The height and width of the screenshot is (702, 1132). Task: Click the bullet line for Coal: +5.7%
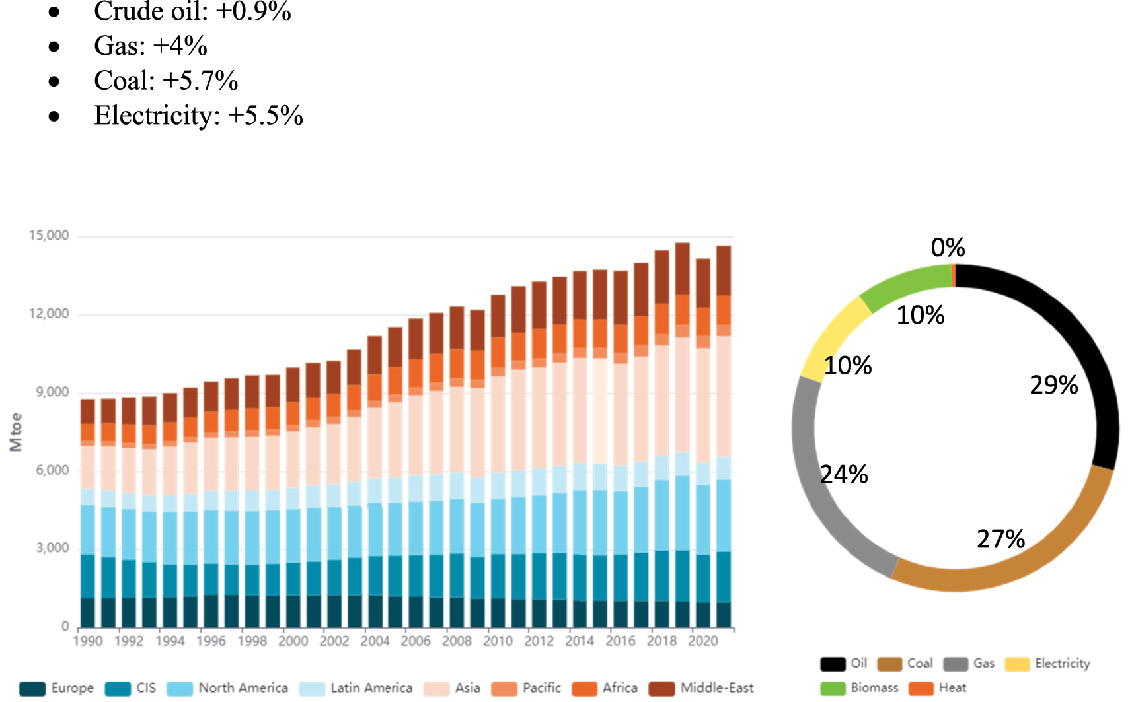pyautogui.click(x=165, y=81)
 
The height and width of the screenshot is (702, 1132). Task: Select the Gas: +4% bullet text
pyautogui.click(x=150, y=46)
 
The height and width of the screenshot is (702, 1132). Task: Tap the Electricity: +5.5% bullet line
pyautogui.click(x=198, y=116)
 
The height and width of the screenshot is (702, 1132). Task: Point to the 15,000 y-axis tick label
pyautogui.click(x=49, y=236)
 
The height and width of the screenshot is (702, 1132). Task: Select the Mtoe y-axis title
pyautogui.click(x=16, y=433)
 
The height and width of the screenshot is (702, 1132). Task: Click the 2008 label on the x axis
pyautogui.click(x=457, y=641)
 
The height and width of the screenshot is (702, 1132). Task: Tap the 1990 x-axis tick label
pyautogui.click(x=88, y=641)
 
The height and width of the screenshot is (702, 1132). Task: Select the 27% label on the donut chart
pyautogui.click(x=1000, y=540)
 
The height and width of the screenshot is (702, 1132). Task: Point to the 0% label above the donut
pyautogui.click(x=948, y=248)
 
